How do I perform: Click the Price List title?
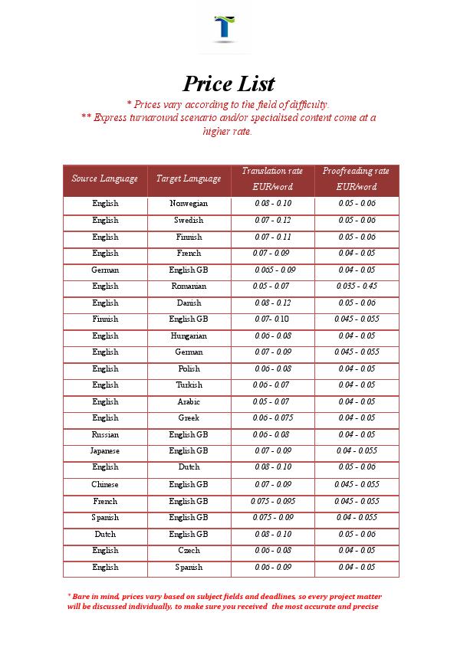[228, 83]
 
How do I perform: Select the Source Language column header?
[105, 178]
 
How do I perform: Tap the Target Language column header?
[189, 178]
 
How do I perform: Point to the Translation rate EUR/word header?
[272, 178]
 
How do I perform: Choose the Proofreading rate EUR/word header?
[356, 178]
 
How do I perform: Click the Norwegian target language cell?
[189, 204]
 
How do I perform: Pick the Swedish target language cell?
[189, 221]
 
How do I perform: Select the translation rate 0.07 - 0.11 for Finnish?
[273, 237]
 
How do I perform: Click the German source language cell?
[105, 270]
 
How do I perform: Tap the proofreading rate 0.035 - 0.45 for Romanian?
[357, 286]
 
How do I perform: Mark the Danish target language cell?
[189, 303]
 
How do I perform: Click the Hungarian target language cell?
[189, 336]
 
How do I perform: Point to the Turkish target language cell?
[189, 385]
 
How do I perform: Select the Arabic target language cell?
[189, 402]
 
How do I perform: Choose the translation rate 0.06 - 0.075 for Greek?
[273, 418]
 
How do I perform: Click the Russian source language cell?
[105, 435]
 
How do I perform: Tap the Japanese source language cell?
[105, 451]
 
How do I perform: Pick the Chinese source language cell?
[105, 485]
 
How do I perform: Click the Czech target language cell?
[189, 551]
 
